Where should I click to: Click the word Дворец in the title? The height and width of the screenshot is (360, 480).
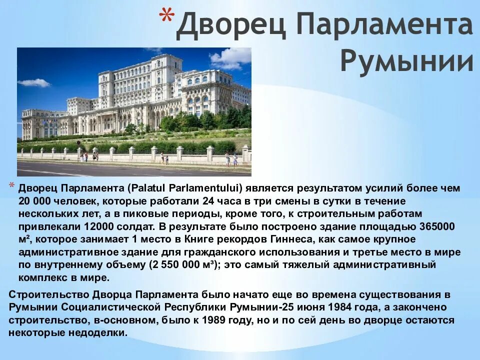(x=229, y=26)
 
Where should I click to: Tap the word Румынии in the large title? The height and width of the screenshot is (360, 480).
(x=406, y=61)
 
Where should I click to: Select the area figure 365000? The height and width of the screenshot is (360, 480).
(x=436, y=226)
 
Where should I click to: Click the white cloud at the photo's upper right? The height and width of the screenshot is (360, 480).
(x=231, y=59)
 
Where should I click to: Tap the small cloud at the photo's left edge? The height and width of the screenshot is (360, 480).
(x=34, y=82)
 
